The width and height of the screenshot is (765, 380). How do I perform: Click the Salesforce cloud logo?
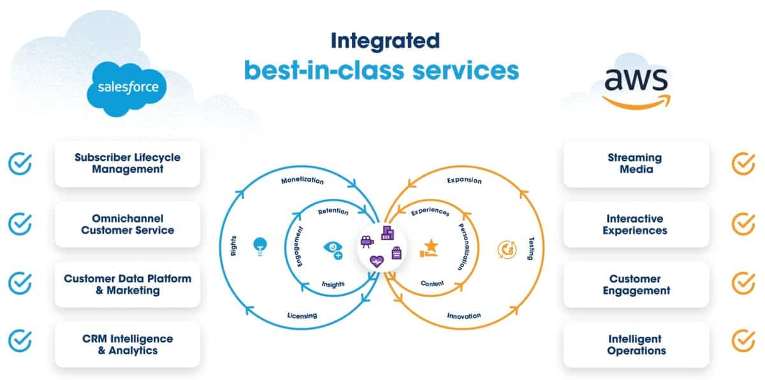point(127,89)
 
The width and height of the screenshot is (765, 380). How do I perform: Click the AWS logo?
point(636,88)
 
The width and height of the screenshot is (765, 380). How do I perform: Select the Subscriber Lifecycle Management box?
point(127,164)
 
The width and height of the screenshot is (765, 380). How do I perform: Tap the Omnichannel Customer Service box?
point(127,224)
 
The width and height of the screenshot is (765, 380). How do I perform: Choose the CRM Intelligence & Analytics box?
point(127,344)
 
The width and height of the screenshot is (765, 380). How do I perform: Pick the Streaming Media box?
point(636,164)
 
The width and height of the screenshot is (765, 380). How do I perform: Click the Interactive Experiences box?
point(636,224)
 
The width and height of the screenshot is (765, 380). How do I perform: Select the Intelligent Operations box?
point(636,344)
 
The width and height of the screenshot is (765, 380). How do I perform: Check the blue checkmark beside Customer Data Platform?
point(20,283)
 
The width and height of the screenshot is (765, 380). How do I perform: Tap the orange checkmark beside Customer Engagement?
point(743,283)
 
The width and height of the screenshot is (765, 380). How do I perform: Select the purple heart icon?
point(377,261)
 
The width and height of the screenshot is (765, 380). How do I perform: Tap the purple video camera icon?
point(367,242)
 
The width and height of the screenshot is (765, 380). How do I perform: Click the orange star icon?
point(429,248)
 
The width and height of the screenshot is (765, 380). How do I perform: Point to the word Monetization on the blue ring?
point(302,180)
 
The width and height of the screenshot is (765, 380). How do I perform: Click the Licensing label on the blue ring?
point(302,316)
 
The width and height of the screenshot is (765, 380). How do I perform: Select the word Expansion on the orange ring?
point(464,180)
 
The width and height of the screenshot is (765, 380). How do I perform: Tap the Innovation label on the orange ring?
point(464,316)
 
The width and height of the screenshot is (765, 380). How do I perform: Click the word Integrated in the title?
point(385,41)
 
